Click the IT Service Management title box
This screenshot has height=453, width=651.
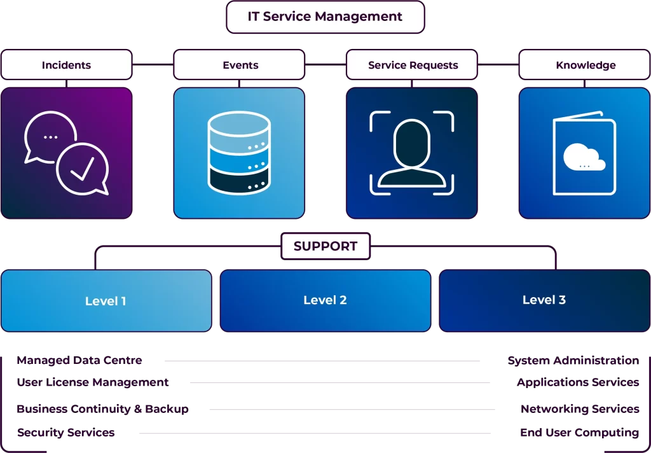click(325, 17)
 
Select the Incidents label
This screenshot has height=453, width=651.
click(66, 65)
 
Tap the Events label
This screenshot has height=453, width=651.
click(240, 65)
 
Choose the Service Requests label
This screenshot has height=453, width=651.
click(413, 65)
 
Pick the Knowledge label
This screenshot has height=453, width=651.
click(586, 65)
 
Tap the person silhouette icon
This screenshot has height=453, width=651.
click(412, 153)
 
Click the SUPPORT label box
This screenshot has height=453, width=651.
click(325, 246)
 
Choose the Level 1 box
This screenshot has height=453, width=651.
click(106, 301)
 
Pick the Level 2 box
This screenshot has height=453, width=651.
click(325, 300)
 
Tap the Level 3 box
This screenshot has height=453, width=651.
click(544, 300)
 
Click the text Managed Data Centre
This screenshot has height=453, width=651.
click(79, 360)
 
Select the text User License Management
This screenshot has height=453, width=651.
click(93, 382)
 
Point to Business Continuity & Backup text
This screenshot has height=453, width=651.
click(102, 409)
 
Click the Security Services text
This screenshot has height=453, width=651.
click(65, 433)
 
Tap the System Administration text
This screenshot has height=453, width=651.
click(573, 361)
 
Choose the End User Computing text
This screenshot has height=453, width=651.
click(579, 433)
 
